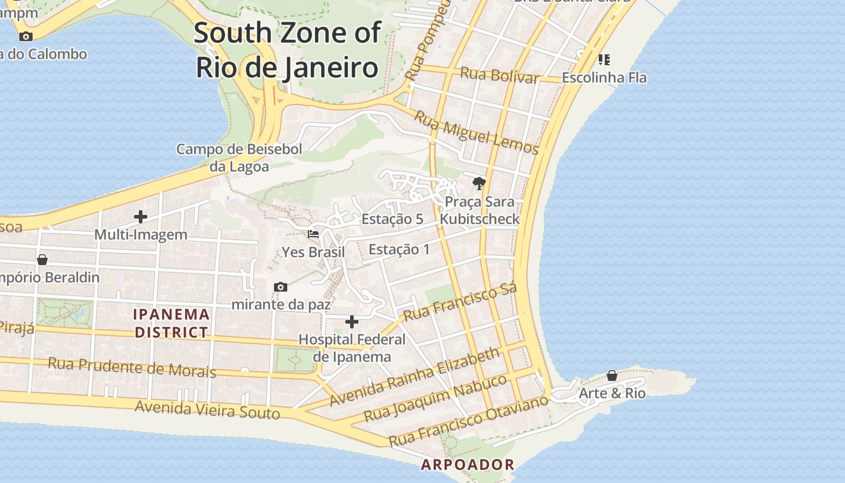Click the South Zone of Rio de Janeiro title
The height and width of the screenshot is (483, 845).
[287, 50]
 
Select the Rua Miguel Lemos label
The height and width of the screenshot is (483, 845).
[476, 132]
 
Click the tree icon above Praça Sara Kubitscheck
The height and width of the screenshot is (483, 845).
[479, 183]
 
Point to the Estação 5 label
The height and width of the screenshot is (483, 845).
[392, 219]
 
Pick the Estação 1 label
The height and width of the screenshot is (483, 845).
[399, 249]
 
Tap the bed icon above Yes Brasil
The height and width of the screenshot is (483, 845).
[313, 234]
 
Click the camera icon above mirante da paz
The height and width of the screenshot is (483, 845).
[281, 287]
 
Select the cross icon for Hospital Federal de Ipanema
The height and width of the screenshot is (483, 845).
[352, 322]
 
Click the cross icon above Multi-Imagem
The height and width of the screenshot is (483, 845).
[141, 217]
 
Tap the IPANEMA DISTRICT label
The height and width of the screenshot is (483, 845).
[172, 323]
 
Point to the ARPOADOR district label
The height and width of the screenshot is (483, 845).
[468, 465]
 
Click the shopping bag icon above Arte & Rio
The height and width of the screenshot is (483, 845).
[612, 376]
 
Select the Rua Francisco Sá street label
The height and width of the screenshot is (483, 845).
[460, 302]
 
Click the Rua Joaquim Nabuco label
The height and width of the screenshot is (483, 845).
[436, 398]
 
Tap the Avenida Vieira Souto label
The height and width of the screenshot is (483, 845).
[207, 410]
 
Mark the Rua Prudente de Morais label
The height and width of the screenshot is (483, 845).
[132, 366]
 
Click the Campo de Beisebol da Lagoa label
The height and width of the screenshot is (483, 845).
[239, 158]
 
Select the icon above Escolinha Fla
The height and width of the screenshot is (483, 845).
[604, 59]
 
